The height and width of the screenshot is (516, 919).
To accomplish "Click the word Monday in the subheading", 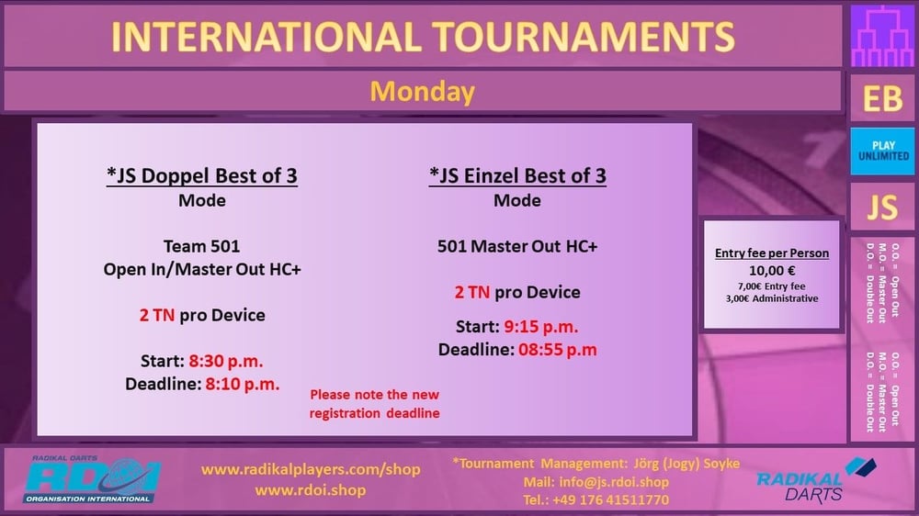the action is (x=422, y=92).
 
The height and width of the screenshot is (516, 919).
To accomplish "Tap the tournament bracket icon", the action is (x=882, y=37).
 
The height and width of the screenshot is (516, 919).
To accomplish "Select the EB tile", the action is (x=882, y=98).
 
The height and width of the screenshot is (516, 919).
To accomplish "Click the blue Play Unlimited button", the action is (x=882, y=151).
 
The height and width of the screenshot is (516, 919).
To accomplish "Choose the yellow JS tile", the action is (x=882, y=208).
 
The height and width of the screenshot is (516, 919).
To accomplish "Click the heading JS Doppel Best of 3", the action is (x=202, y=175).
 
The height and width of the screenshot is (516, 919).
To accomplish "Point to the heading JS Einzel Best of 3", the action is (x=517, y=175).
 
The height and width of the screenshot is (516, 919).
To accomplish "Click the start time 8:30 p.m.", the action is (x=226, y=362).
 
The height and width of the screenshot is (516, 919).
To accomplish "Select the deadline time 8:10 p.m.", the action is (x=242, y=384).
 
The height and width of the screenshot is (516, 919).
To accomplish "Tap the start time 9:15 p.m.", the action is (x=541, y=327).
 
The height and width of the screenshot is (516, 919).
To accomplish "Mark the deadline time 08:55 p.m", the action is (x=558, y=350).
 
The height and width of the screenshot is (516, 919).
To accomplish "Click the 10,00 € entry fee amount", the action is (x=772, y=271).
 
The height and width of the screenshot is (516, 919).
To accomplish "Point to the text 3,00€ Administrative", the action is (x=772, y=298).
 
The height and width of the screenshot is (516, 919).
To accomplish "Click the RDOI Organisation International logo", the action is (x=91, y=479).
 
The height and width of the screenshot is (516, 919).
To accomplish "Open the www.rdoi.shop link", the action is (x=311, y=490).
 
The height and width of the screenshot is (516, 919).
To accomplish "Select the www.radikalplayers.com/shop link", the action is (x=311, y=470).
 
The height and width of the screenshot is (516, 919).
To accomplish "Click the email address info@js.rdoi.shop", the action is (x=614, y=482).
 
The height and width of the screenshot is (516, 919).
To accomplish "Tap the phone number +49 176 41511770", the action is (x=610, y=500).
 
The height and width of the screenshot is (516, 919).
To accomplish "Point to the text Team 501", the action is (x=201, y=247).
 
